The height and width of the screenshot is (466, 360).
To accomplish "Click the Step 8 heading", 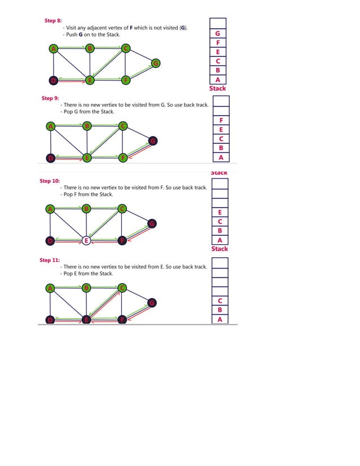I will tap(53, 20).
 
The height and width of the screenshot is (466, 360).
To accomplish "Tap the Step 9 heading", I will tap(50, 98).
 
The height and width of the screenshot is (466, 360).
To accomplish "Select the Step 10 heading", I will tap(49, 181).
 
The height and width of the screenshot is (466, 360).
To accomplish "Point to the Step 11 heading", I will tap(49, 260).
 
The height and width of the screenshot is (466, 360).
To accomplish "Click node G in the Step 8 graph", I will tap(155, 63).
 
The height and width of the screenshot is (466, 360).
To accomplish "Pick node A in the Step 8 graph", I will tap(53, 49).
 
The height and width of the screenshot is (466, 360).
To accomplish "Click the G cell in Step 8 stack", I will tap(218, 33).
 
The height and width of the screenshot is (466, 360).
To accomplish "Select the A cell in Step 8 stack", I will tap(218, 80).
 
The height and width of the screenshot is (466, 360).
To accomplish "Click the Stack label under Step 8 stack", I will tap(218, 89).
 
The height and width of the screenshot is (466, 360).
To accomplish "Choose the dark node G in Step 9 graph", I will tap(152, 140).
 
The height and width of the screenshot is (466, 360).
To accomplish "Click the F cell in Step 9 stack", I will tap(221, 121).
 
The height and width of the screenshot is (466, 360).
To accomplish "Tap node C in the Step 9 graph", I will tap(123, 126).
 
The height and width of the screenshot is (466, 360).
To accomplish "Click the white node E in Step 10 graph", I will tap(86, 240).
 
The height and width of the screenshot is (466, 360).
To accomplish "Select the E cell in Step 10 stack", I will tap(219, 212).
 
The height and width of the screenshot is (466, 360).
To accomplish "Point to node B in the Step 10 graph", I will tap(86, 209).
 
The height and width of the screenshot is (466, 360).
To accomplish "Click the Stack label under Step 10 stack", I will tap(219, 249).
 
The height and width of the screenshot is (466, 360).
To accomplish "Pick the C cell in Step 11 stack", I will tap(219, 301).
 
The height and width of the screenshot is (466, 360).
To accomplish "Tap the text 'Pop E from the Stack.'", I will tap(88, 274).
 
